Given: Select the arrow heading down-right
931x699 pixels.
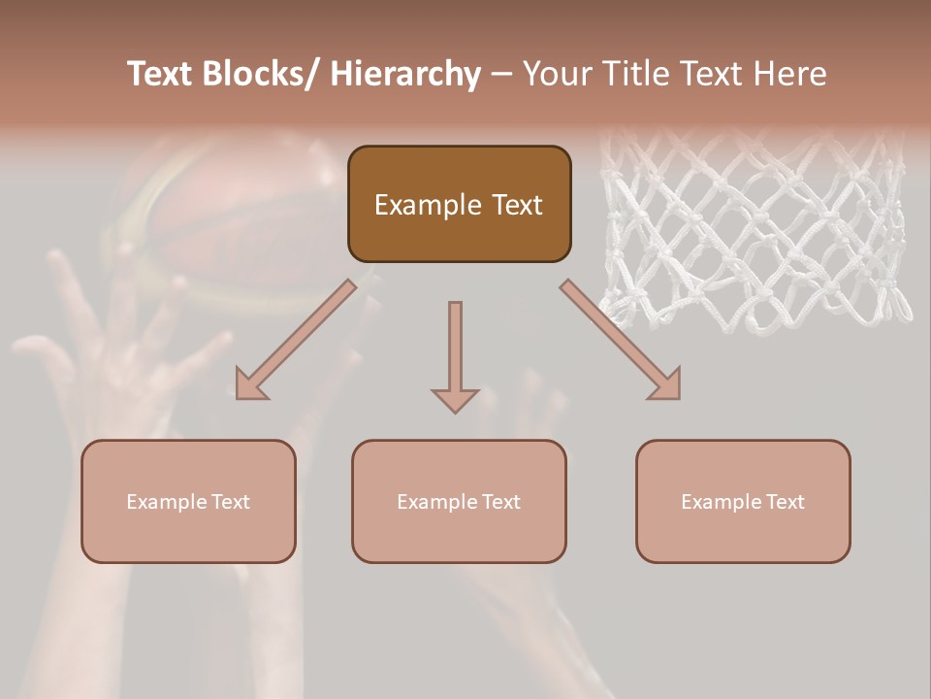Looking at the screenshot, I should click(621, 340).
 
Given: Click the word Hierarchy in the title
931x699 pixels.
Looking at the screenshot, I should click(405, 74).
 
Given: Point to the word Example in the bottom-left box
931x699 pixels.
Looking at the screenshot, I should click(166, 502).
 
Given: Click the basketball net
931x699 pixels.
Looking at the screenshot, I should click(756, 233).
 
